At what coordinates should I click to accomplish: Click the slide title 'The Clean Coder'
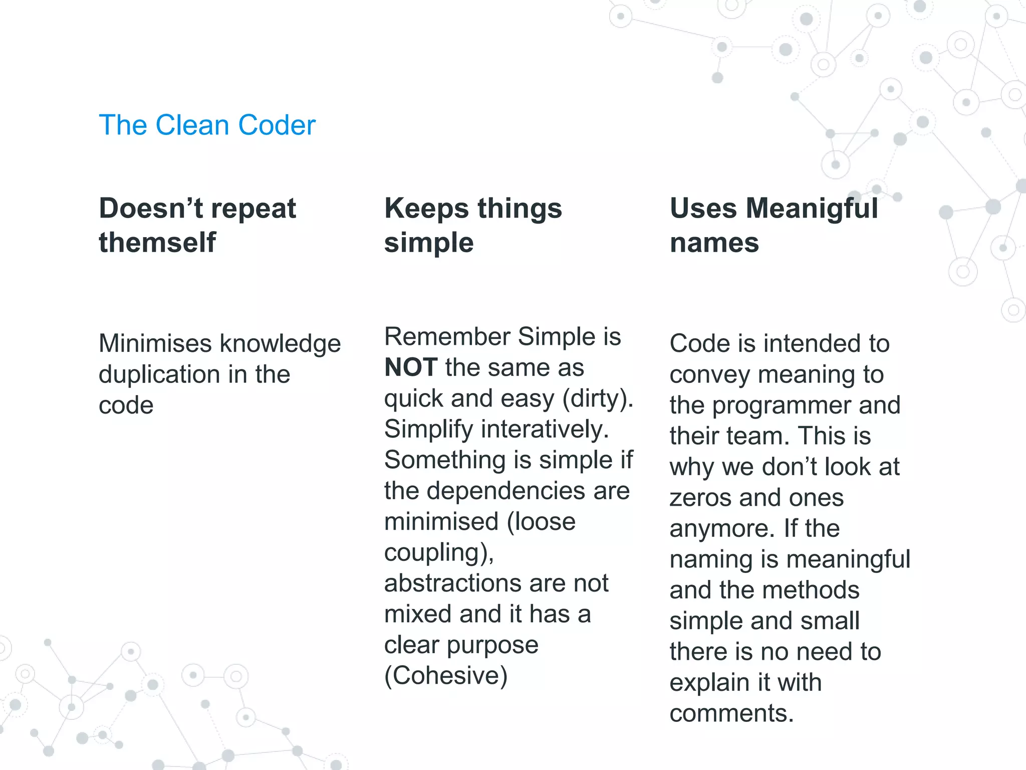pos(207,125)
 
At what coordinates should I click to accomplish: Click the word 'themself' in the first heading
pos(157,243)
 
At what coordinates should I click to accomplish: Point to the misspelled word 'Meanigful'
pos(812,209)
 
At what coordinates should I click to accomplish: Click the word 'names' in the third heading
pos(714,243)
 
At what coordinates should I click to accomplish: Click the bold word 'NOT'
pos(411,367)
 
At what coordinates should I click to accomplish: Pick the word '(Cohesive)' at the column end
pos(446,676)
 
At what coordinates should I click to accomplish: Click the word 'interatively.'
pos(545,429)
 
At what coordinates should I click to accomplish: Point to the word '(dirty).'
pos(598,399)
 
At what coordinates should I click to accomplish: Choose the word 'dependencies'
pos(505,491)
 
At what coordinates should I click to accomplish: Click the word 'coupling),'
pos(439,553)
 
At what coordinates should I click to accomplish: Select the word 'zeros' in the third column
pos(700,498)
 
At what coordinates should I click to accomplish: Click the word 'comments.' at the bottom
pos(731,713)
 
